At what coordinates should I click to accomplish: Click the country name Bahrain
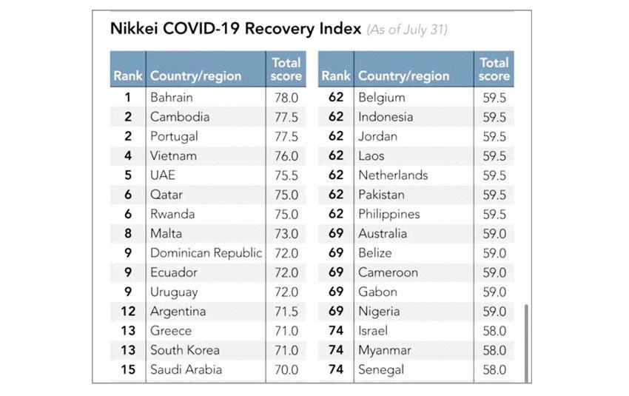tap(171, 97)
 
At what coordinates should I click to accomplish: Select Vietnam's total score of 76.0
tap(285, 155)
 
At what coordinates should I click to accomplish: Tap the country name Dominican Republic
tap(206, 253)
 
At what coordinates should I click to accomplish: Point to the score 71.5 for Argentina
tap(285, 312)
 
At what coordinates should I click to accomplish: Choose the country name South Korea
tap(184, 350)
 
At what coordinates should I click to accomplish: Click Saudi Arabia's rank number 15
tap(128, 369)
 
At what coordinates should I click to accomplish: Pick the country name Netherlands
tap(393, 175)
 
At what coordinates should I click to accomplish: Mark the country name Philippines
tap(388, 214)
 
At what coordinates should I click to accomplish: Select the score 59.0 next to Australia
tap(494, 233)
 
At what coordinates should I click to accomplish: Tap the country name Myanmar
tap(384, 350)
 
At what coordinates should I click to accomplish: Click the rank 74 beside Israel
tap(336, 331)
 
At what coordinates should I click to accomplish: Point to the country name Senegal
tap(381, 369)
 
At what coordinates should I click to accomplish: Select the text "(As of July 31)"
tap(407, 30)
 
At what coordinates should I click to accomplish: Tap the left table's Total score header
tap(286, 69)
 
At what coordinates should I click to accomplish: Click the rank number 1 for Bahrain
tap(128, 97)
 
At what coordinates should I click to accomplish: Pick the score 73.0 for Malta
tap(285, 233)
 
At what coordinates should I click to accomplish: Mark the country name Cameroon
tap(388, 272)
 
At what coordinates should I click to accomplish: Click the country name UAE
tap(163, 175)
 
